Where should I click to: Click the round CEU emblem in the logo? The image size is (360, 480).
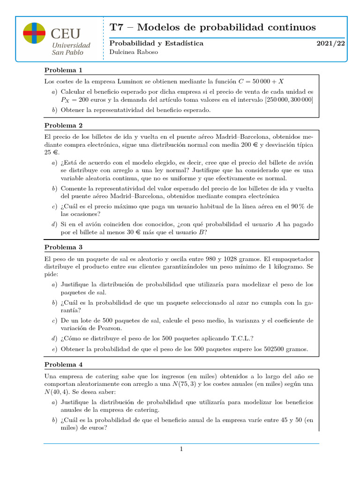pos(34,33)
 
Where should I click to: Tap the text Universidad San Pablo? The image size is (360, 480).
pos(71,49)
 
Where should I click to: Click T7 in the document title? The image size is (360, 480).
pos(116,27)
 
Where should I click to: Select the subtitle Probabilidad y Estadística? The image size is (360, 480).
pos(156,43)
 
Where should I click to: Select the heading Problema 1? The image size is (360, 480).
pos(63,70)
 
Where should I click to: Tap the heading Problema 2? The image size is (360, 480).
pos(63,126)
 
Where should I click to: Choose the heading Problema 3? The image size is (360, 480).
pos(63,247)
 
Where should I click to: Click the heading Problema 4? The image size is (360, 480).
pos(63,364)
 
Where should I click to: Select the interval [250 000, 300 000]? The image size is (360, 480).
pos(289,100)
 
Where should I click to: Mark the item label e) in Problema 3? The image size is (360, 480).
pos(54,349)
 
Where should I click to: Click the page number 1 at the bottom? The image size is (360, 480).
pos(180,450)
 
